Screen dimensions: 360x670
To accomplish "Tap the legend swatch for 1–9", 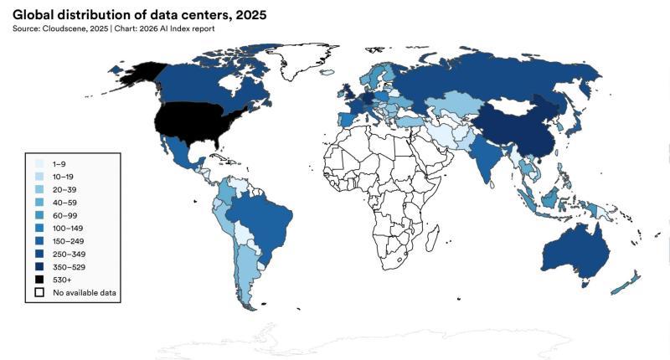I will pyautogui.click(x=39, y=165).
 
